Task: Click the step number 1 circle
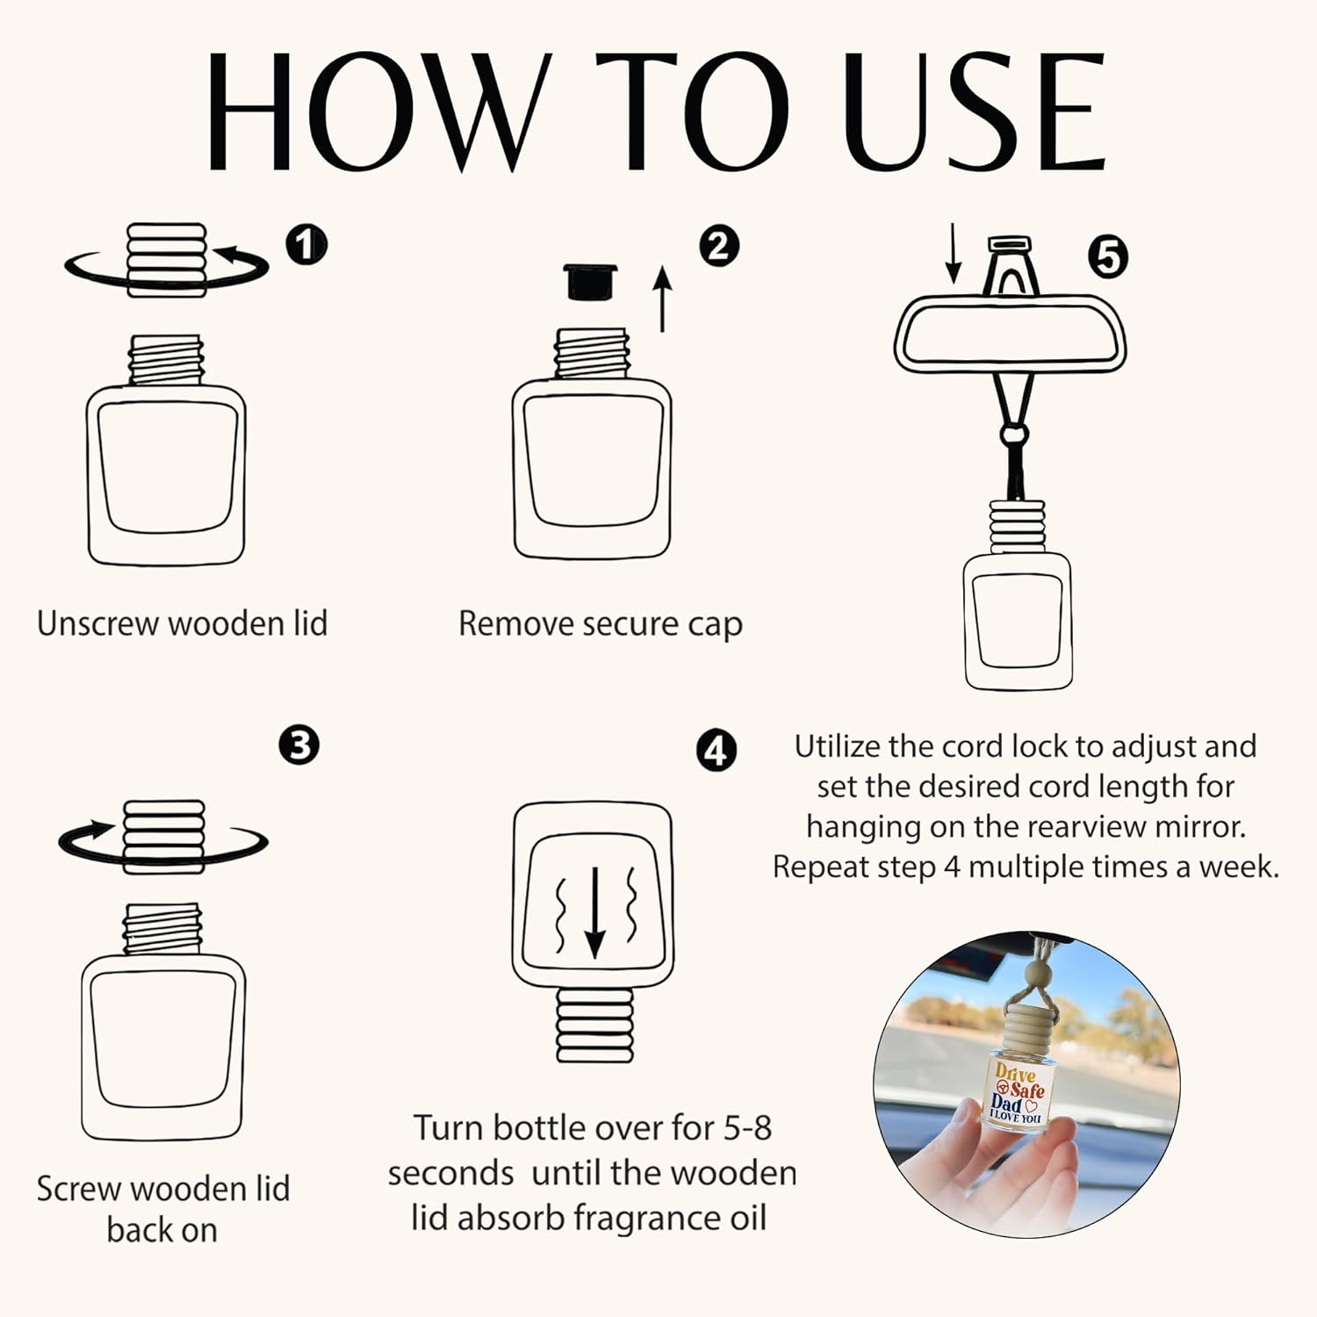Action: click(306, 245)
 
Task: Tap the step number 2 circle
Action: click(719, 246)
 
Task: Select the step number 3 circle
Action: click(299, 745)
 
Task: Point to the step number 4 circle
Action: click(716, 752)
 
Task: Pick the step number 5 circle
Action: click(1108, 257)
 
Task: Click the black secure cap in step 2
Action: click(590, 282)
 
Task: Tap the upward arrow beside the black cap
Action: click(663, 300)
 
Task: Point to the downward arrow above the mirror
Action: click(954, 254)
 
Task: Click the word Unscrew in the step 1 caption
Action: click(98, 623)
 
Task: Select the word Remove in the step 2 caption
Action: click(516, 623)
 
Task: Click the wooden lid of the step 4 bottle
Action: click(594, 1023)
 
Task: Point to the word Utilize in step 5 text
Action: click(837, 746)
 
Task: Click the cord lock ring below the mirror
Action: click(1013, 434)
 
